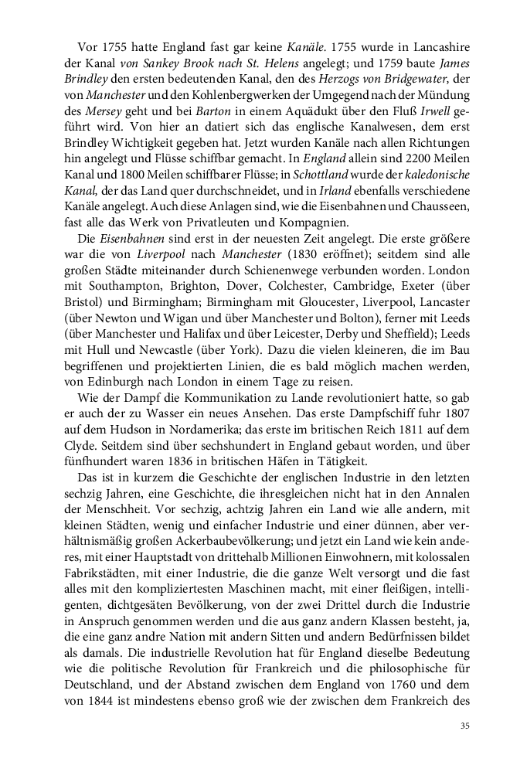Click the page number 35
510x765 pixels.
click(x=464, y=725)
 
